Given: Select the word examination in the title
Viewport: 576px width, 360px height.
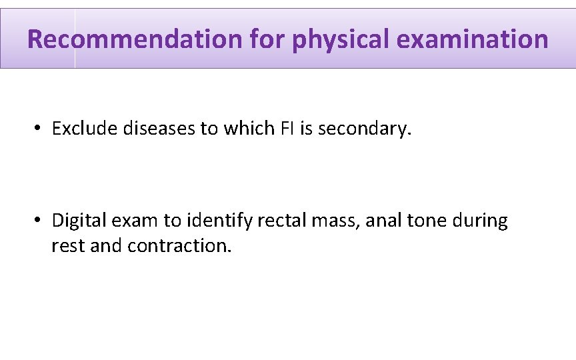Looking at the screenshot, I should click(x=472, y=39).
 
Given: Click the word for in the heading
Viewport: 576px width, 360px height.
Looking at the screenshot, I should click(x=267, y=39).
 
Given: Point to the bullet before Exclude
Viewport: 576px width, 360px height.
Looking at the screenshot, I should click(x=39, y=128).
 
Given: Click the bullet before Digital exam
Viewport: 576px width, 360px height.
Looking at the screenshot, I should click(x=39, y=220).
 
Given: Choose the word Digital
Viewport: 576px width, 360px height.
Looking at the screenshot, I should click(x=75, y=220).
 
